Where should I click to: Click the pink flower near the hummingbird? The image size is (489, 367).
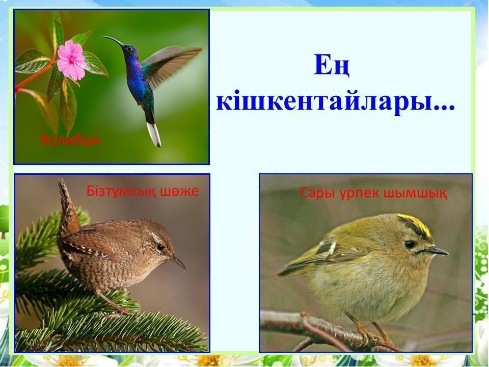pos(71,60)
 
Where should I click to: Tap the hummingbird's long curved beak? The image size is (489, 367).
pos(113,41)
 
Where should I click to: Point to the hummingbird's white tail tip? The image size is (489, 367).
pos(154,134)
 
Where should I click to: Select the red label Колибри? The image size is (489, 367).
pos(70,140)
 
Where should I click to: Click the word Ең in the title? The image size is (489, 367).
pos(332,65)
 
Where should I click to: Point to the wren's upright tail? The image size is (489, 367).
pos(67,206)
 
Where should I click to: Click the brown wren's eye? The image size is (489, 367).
pos(160,247)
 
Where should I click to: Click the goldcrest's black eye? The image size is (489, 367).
pos(410,244)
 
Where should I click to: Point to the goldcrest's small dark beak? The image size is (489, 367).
pos(437,251)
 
